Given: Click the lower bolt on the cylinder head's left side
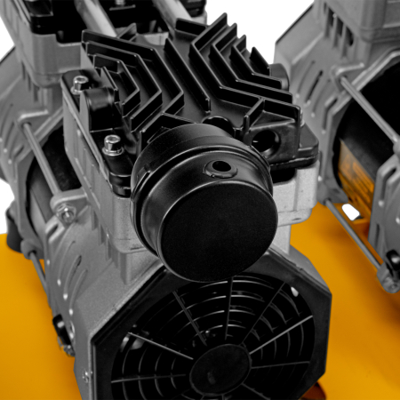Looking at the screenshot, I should click(x=113, y=145).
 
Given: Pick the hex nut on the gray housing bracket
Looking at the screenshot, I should click(x=67, y=214).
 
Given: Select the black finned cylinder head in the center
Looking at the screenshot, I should click(x=191, y=80).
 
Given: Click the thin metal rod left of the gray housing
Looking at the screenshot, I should click(x=36, y=160).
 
